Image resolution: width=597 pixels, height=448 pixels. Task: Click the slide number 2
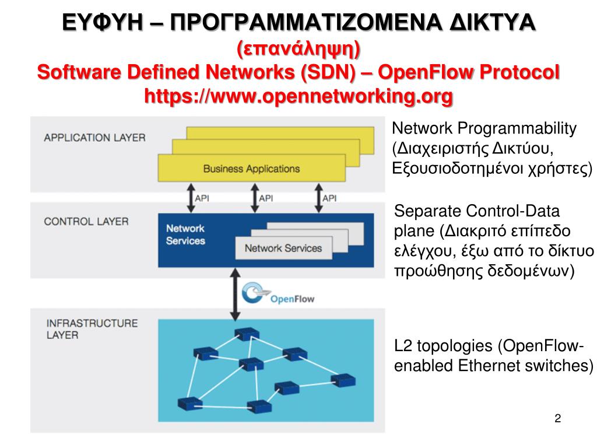point(558,418)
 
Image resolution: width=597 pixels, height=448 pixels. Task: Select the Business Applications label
point(251,169)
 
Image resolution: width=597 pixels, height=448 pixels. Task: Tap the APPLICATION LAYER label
point(94,138)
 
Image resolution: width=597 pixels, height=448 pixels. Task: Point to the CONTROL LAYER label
point(86,222)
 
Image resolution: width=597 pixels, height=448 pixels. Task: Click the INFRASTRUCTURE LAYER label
point(92,329)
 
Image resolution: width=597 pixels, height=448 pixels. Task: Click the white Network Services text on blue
point(185,235)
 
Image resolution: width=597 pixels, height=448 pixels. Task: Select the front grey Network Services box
point(283,249)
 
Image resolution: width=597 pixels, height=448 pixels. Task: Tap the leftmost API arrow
point(190,197)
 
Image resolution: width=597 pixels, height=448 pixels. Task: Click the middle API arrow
point(254,197)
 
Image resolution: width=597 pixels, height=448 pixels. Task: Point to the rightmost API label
point(329,198)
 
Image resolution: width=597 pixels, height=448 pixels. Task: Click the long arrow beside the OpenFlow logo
point(234,295)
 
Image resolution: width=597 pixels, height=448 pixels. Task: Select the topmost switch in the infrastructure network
point(245,333)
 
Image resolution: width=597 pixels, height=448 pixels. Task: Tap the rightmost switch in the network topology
point(342,381)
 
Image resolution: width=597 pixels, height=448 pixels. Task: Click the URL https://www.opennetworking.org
point(298,94)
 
